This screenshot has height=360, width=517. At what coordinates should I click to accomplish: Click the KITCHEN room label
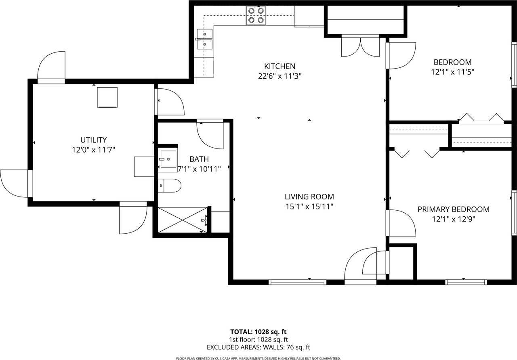[280, 66]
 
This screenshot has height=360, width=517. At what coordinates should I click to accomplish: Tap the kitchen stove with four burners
[256, 16]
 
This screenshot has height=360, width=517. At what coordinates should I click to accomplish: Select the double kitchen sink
[205, 39]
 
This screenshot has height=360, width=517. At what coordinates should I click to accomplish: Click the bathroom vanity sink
[168, 159]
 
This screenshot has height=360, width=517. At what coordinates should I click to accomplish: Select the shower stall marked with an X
[182, 220]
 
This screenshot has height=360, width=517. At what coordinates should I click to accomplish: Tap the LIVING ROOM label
[309, 197]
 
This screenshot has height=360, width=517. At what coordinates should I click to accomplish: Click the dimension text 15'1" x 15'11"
[309, 207]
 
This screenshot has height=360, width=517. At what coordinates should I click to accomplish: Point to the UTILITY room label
[93, 140]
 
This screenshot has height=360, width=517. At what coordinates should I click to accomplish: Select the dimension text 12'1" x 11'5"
[452, 72]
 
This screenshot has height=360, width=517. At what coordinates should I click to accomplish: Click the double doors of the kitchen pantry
[360, 46]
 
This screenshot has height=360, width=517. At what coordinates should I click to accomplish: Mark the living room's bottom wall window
[297, 282]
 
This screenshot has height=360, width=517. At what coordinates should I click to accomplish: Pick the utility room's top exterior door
[51, 68]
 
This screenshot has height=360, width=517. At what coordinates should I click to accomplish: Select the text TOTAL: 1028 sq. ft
[258, 332]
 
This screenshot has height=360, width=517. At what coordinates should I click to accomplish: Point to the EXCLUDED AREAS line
[258, 347]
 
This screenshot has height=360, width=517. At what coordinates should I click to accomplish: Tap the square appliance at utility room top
[107, 97]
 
